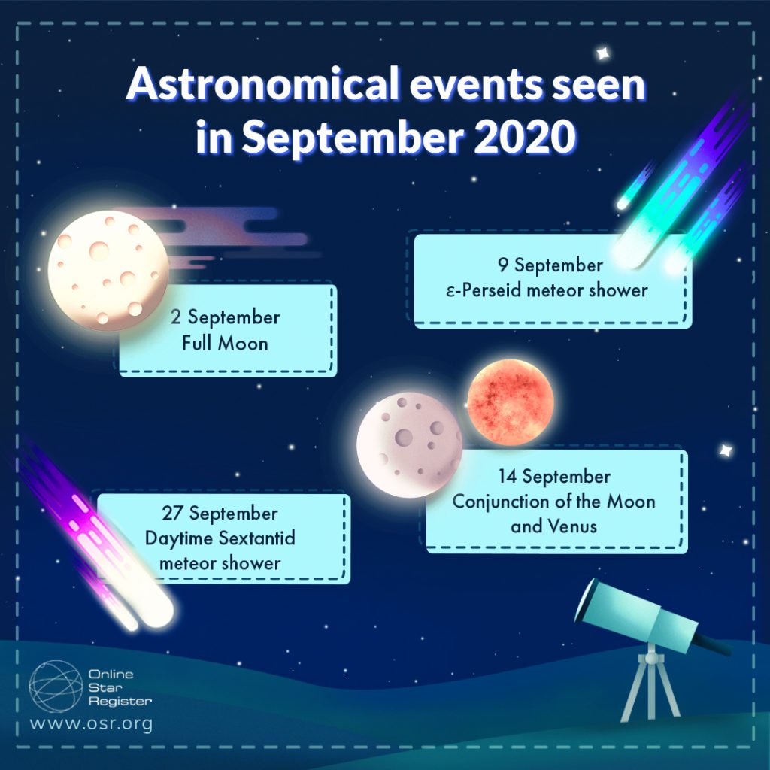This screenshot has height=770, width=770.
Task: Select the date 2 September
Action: tap(225, 317)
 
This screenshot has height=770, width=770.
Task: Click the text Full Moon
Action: tap(225, 344)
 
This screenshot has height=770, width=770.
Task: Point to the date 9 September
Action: tap(550, 265)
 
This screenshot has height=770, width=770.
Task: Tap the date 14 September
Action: tap(554, 477)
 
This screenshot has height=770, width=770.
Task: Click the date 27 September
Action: tap(220, 514)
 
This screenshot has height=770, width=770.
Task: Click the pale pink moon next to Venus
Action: tap(409, 444)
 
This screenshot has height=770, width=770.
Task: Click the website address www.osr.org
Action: tap(91, 725)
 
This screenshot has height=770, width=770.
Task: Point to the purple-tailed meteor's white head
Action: tap(154, 609)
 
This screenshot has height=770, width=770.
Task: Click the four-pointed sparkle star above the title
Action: tap(602, 53)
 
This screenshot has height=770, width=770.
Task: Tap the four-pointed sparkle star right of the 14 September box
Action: tap(726, 450)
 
